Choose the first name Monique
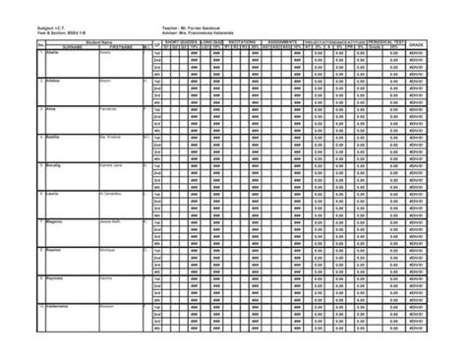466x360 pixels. [x=109, y=250]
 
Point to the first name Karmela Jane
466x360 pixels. [x=114, y=165]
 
